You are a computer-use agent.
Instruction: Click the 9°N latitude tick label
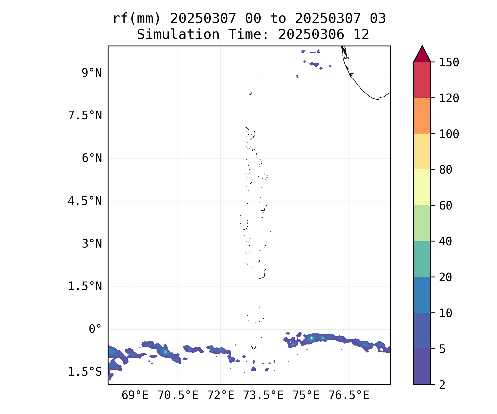click(92, 73)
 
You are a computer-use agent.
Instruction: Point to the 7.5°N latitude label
click(85, 116)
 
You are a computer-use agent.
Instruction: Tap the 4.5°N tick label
click(85, 201)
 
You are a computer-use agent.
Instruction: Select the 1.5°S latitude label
click(85, 372)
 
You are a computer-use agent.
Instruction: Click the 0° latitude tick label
click(95, 329)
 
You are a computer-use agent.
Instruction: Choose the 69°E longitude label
click(135, 396)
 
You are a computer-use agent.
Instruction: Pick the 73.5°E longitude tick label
click(263, 396)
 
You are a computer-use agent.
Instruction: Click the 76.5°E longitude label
click(349, 396)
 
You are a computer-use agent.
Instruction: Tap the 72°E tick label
click(221, 396)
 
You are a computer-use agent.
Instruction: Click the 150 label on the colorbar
click(449, 62)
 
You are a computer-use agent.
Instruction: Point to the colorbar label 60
click(446, 206)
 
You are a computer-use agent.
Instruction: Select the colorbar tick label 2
click(442, 385)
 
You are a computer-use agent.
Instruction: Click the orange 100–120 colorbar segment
click(422, 116)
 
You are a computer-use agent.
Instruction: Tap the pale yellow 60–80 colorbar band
click(422, 187)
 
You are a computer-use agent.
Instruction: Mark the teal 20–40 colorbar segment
click(422, 259)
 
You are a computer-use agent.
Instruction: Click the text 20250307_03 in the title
click(340, 19)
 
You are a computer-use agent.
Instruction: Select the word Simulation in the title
click(178, 35)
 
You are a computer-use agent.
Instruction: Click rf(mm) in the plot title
click(137, 19)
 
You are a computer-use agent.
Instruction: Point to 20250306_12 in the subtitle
click(324, 35)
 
